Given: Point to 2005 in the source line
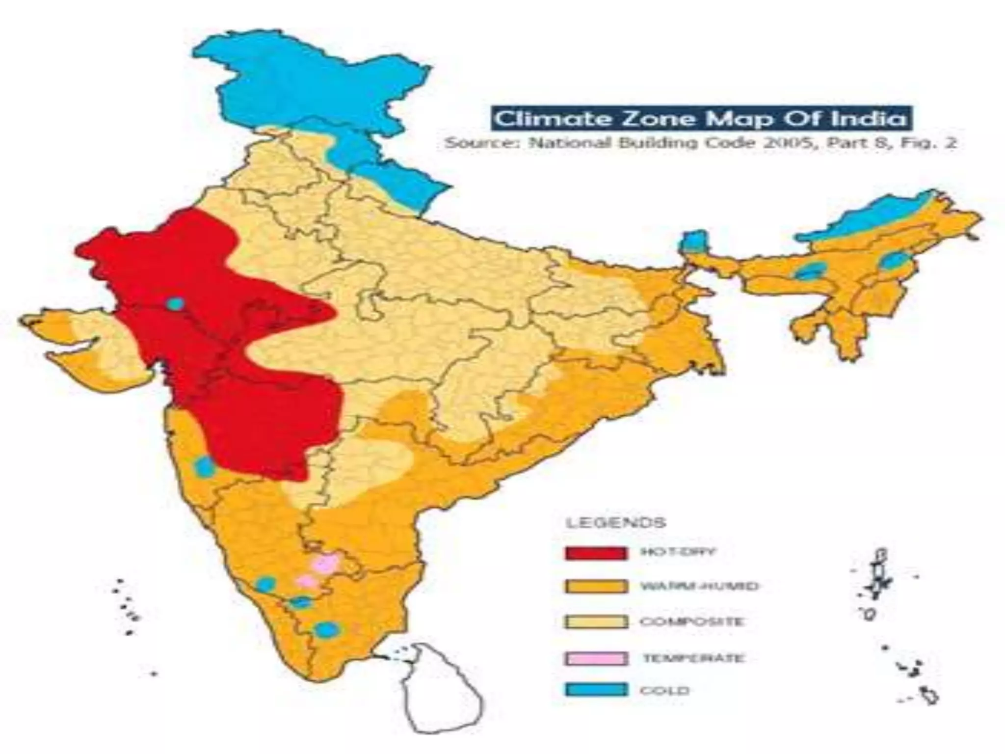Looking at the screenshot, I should (790, 143).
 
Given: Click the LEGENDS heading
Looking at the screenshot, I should (616, 522).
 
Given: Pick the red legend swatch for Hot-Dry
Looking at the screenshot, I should (596, 553).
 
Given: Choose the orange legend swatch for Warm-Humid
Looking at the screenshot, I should (596, 587).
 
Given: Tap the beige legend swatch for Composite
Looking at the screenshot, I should (596, 622).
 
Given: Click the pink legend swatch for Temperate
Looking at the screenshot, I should (596, 658).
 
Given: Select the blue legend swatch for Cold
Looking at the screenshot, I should (596, 690).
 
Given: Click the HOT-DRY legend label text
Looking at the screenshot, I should (678, 552).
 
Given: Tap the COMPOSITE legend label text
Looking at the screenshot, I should (691, 622).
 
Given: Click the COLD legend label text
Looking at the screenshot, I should (664, 691).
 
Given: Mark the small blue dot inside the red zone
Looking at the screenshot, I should (175, 304).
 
